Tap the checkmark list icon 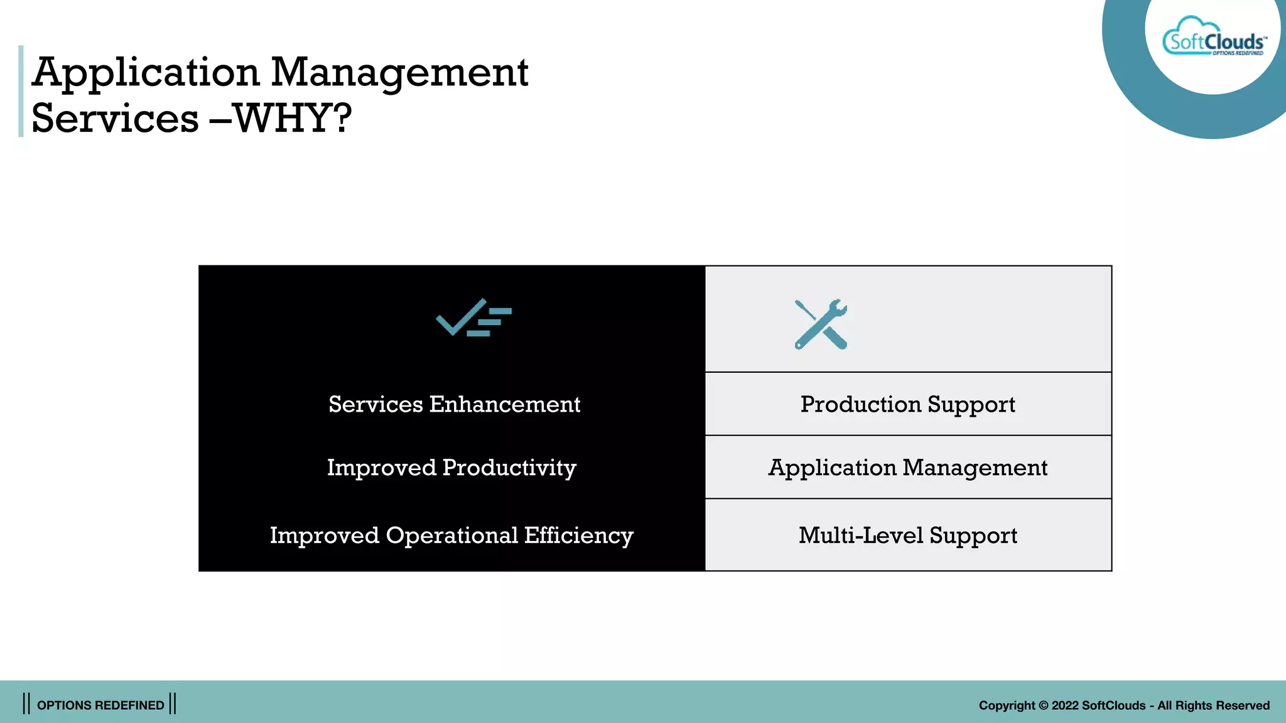click(473, 318)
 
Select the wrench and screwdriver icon click(821, 324)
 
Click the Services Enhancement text click(454, 404)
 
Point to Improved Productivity click(451, 468)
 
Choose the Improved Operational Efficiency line click(451, 535)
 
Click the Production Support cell click(907, 404)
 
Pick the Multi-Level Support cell click(907, 535)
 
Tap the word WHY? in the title click(293, 118)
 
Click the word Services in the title click(115, 118)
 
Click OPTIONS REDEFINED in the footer click(100, 705)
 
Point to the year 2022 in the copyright click(1065, 705)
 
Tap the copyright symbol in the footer click(1043, 705)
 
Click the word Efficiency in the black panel click(578, 535)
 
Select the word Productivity click(509, 468)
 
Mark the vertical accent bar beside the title click(21, 91)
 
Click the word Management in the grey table click(975, 468)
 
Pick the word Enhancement click(505, 404)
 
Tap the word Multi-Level click(860, 535)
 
